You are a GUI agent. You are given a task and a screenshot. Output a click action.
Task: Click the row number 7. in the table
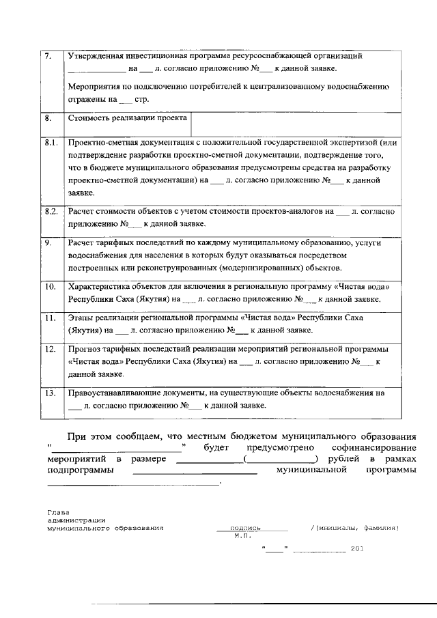tap(48, 56)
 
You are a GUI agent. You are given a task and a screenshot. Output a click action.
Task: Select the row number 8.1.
tap(50, 143)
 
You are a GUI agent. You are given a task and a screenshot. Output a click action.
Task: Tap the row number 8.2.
tap(50, 212)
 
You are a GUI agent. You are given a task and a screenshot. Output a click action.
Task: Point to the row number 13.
tap(49, 393)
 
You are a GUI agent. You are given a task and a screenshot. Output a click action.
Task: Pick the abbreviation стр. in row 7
tap(141, 100)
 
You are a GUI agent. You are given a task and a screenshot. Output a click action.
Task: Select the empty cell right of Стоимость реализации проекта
tap(294, 123)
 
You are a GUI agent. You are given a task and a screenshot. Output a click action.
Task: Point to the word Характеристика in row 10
tap(99, 286)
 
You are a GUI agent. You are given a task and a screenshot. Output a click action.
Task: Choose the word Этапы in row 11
tap(81, 318)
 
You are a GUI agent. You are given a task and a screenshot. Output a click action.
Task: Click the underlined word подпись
tap(246, 528)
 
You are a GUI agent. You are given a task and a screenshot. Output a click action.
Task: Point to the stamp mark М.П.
tap(242, 537)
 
